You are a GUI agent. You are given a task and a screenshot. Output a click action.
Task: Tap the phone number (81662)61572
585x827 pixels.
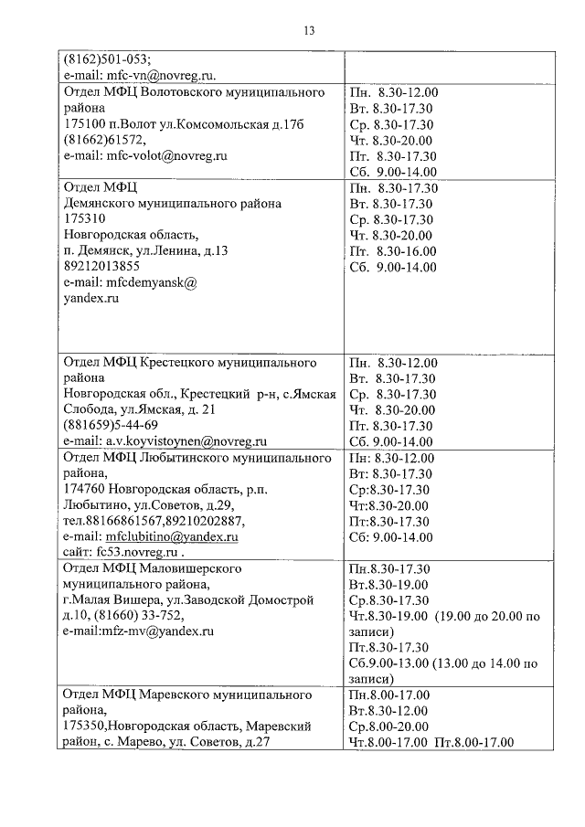click(104, 140)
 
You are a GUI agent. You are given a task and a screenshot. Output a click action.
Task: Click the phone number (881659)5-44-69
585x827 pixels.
click(111, 426)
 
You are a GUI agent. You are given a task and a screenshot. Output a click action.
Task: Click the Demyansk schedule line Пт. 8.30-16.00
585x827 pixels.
click(393, 251)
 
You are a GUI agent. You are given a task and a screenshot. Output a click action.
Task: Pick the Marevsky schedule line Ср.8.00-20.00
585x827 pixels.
click(388, 726)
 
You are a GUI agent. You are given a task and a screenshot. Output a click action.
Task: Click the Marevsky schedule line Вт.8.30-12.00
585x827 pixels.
click(388, 710)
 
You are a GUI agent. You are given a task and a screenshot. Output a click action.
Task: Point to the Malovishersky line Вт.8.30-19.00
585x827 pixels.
click(388, 584)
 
